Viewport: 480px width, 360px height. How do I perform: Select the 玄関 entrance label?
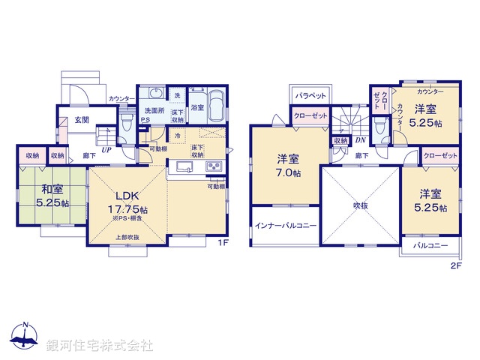coord(81,119)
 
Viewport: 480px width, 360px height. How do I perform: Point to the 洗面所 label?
coord(156,110)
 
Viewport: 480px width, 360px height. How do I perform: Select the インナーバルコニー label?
coord(285,226)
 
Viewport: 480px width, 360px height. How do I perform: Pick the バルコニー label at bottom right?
coord(430,246)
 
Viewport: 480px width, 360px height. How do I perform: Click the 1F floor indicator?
coord(222,242)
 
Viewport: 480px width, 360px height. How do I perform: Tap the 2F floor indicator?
coord(456,265)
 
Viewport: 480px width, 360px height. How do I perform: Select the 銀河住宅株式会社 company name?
coord(100,346)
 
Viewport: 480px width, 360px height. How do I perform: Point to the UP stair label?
coord(106,150)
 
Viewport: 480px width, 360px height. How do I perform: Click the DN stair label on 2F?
coord(359,140)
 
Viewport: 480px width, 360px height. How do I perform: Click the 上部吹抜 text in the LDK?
coord(127,238)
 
